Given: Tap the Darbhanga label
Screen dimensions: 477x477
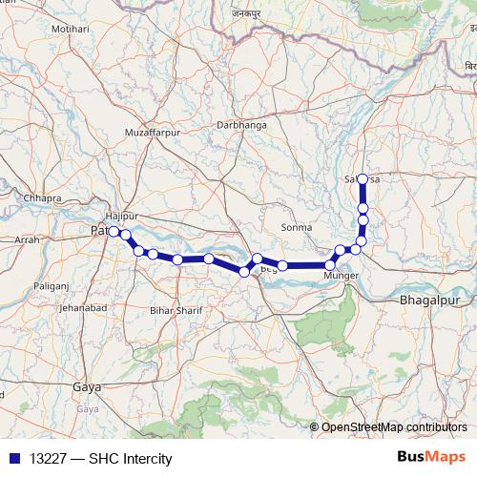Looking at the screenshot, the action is pos(242,125).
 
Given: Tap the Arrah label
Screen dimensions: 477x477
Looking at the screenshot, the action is pos(29,241).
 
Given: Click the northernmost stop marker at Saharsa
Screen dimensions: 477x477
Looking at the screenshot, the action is pos(363,179).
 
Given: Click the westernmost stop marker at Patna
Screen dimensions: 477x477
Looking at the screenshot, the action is pos(114,231).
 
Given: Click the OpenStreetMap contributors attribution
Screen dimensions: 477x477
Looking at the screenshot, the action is pos(393,426).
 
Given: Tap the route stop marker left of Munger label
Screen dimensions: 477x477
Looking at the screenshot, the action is pos(330,265).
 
